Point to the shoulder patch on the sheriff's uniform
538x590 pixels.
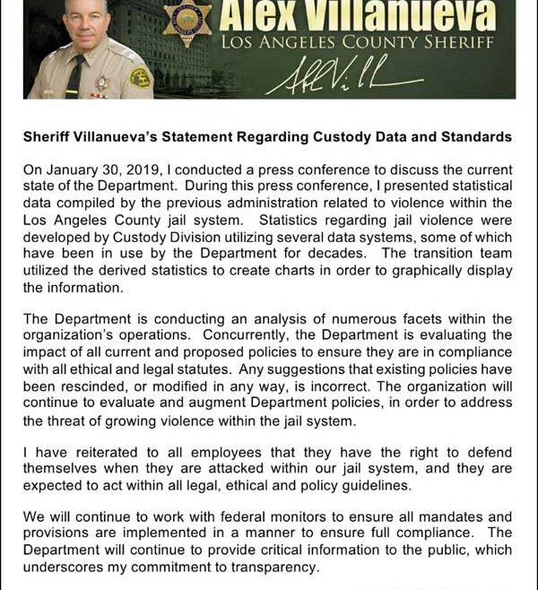click(140, 78)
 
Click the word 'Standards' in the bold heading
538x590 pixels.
click(474, 137)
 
